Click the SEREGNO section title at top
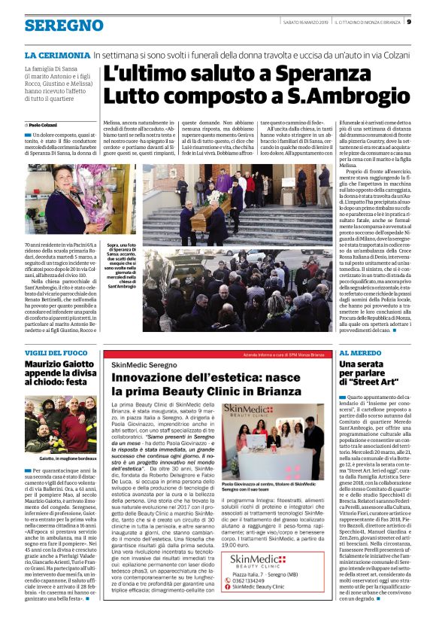pyautogui.click(x=64, y=26)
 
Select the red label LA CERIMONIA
pyautogui.click(x=57, y=55)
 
